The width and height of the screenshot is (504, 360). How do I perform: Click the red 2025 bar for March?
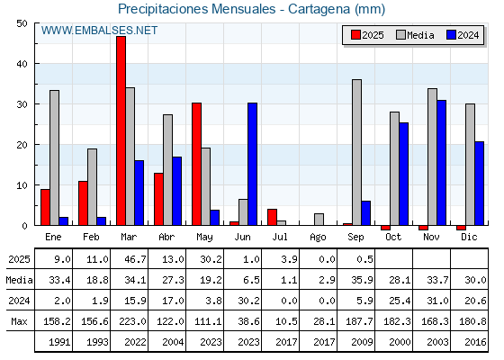(121, 130)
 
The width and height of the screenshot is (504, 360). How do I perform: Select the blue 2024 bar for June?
(252, 164)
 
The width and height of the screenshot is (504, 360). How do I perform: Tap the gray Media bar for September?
(356, 152)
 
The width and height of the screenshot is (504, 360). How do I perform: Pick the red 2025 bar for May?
(197, 164)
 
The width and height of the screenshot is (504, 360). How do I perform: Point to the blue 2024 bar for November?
(441, 163)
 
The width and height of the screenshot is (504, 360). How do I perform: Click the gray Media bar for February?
(92, 187)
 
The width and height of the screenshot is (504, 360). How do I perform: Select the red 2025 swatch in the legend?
(355, 35)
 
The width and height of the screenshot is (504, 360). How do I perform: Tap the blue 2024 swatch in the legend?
(451, 35)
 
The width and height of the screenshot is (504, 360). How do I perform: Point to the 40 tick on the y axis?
(22, 64)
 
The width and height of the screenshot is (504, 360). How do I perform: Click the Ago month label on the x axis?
(318, 238)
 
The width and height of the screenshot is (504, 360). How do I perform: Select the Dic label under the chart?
(469, 237)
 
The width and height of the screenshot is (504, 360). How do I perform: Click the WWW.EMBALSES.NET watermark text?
(99, 31)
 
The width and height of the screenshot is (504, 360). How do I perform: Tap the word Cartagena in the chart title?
(319, 9)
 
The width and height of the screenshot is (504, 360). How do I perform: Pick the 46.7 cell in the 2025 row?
(135, 259)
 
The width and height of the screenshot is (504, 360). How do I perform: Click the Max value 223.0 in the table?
(132, 321)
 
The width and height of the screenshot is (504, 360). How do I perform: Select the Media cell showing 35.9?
(362, 280)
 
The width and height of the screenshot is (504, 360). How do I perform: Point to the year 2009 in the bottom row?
(362, 342)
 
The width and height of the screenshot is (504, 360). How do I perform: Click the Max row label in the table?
(19, 321)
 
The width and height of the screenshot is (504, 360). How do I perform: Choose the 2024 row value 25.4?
(400, 301)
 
